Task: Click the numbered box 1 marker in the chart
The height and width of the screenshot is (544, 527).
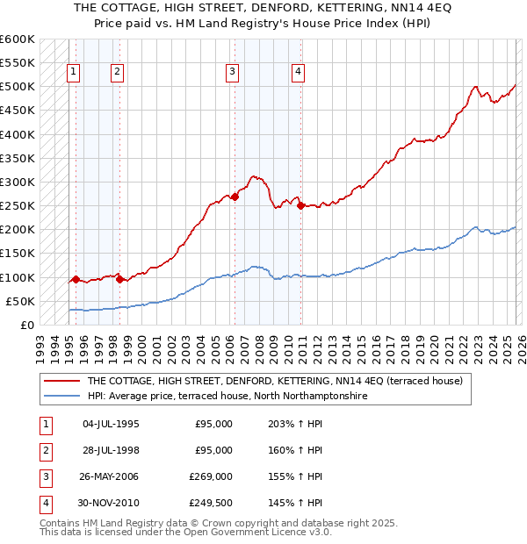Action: pyautogui.click(x=72, y=73)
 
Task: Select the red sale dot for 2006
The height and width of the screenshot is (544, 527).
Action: pyautogui.click(x=235, y=197)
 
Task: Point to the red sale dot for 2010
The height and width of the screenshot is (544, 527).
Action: pyautogui.click(x=301, y=206)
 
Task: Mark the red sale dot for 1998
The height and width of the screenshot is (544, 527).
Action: pyautogui.click(x=119, y=280)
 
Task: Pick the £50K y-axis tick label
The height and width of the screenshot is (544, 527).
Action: pyautogui.click(x=21, y=301)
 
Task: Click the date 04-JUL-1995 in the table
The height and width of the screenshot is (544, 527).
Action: pyautogui.click(x=111, y=425)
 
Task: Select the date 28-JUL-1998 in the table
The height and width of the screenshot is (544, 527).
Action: pyautogui.click(x=111, y=451)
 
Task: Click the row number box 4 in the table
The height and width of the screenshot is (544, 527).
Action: pyautogui.click(x=44, y=504)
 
